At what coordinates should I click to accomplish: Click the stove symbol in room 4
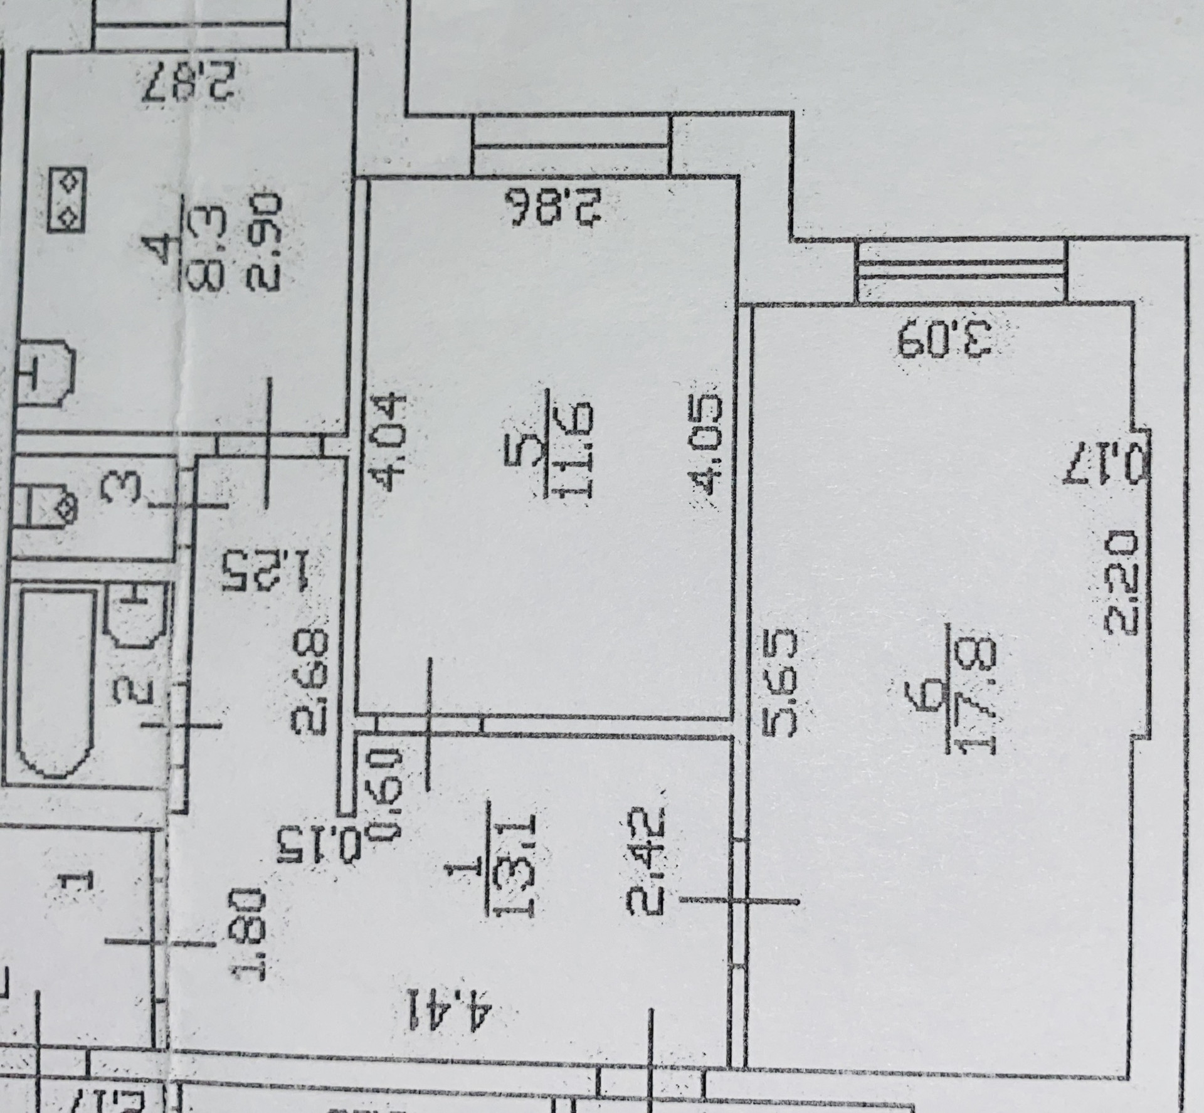point(66,199)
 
